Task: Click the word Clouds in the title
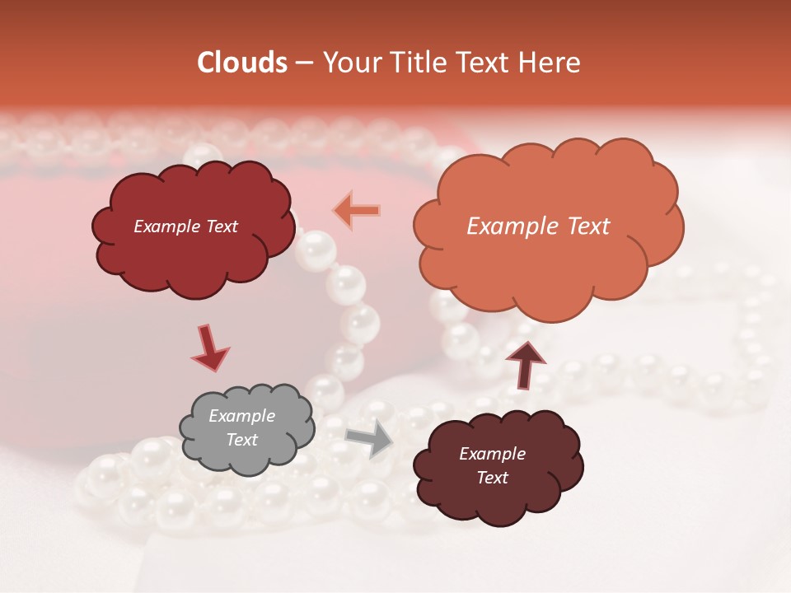(x=241, y=63)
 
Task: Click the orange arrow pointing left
(x=358, y=211)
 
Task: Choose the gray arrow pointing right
(x=370, y=438)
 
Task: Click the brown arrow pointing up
(x=527, y=362)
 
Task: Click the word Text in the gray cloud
(x=242, y=440)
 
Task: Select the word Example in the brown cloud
(x=492, y=454)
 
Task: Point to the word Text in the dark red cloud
(x=221, y=226)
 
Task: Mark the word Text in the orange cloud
(x=587, y=226)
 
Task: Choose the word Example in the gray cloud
(x=242, y=416)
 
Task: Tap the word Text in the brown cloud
(x=492, y=478)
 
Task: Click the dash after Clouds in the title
(x=303, y=63)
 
